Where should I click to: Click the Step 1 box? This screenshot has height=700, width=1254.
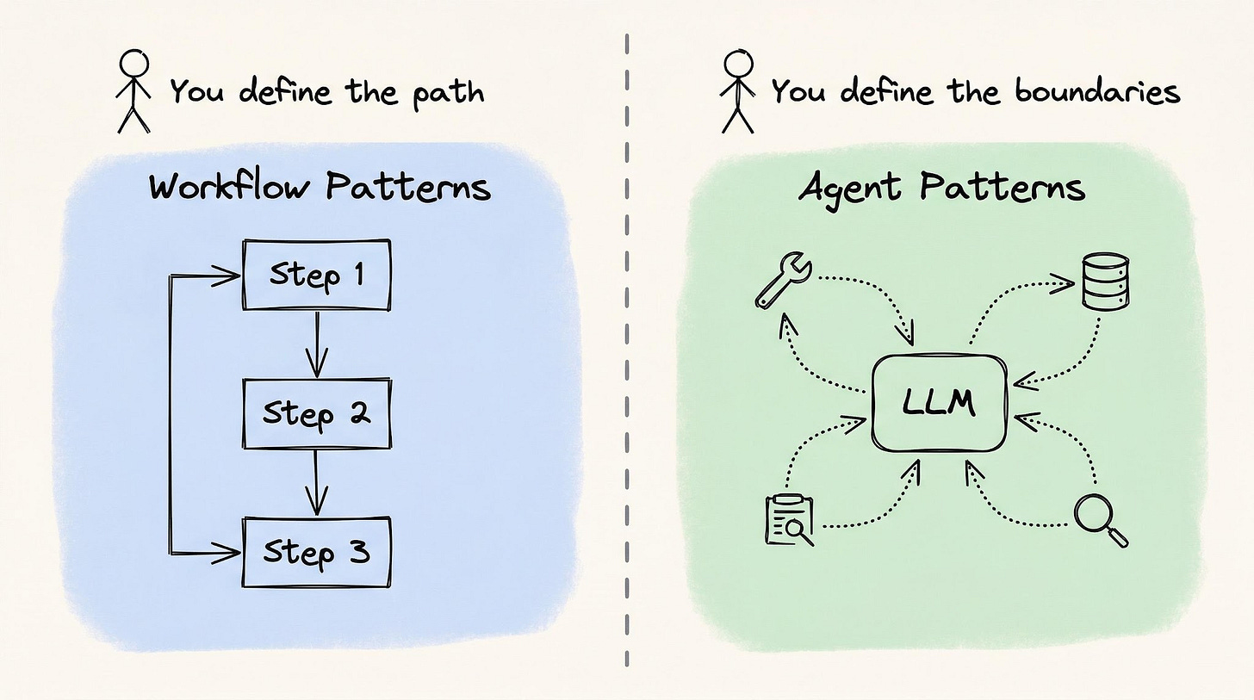317,275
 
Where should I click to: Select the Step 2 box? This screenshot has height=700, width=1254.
317,413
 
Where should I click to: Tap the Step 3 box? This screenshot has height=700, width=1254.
317,552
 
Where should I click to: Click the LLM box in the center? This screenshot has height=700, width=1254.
940,403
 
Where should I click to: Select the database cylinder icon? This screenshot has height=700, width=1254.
1105,281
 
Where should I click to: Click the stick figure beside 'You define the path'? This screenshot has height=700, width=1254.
133,91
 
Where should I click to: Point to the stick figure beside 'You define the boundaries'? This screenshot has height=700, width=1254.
738,91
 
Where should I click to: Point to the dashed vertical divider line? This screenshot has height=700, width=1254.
627,344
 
